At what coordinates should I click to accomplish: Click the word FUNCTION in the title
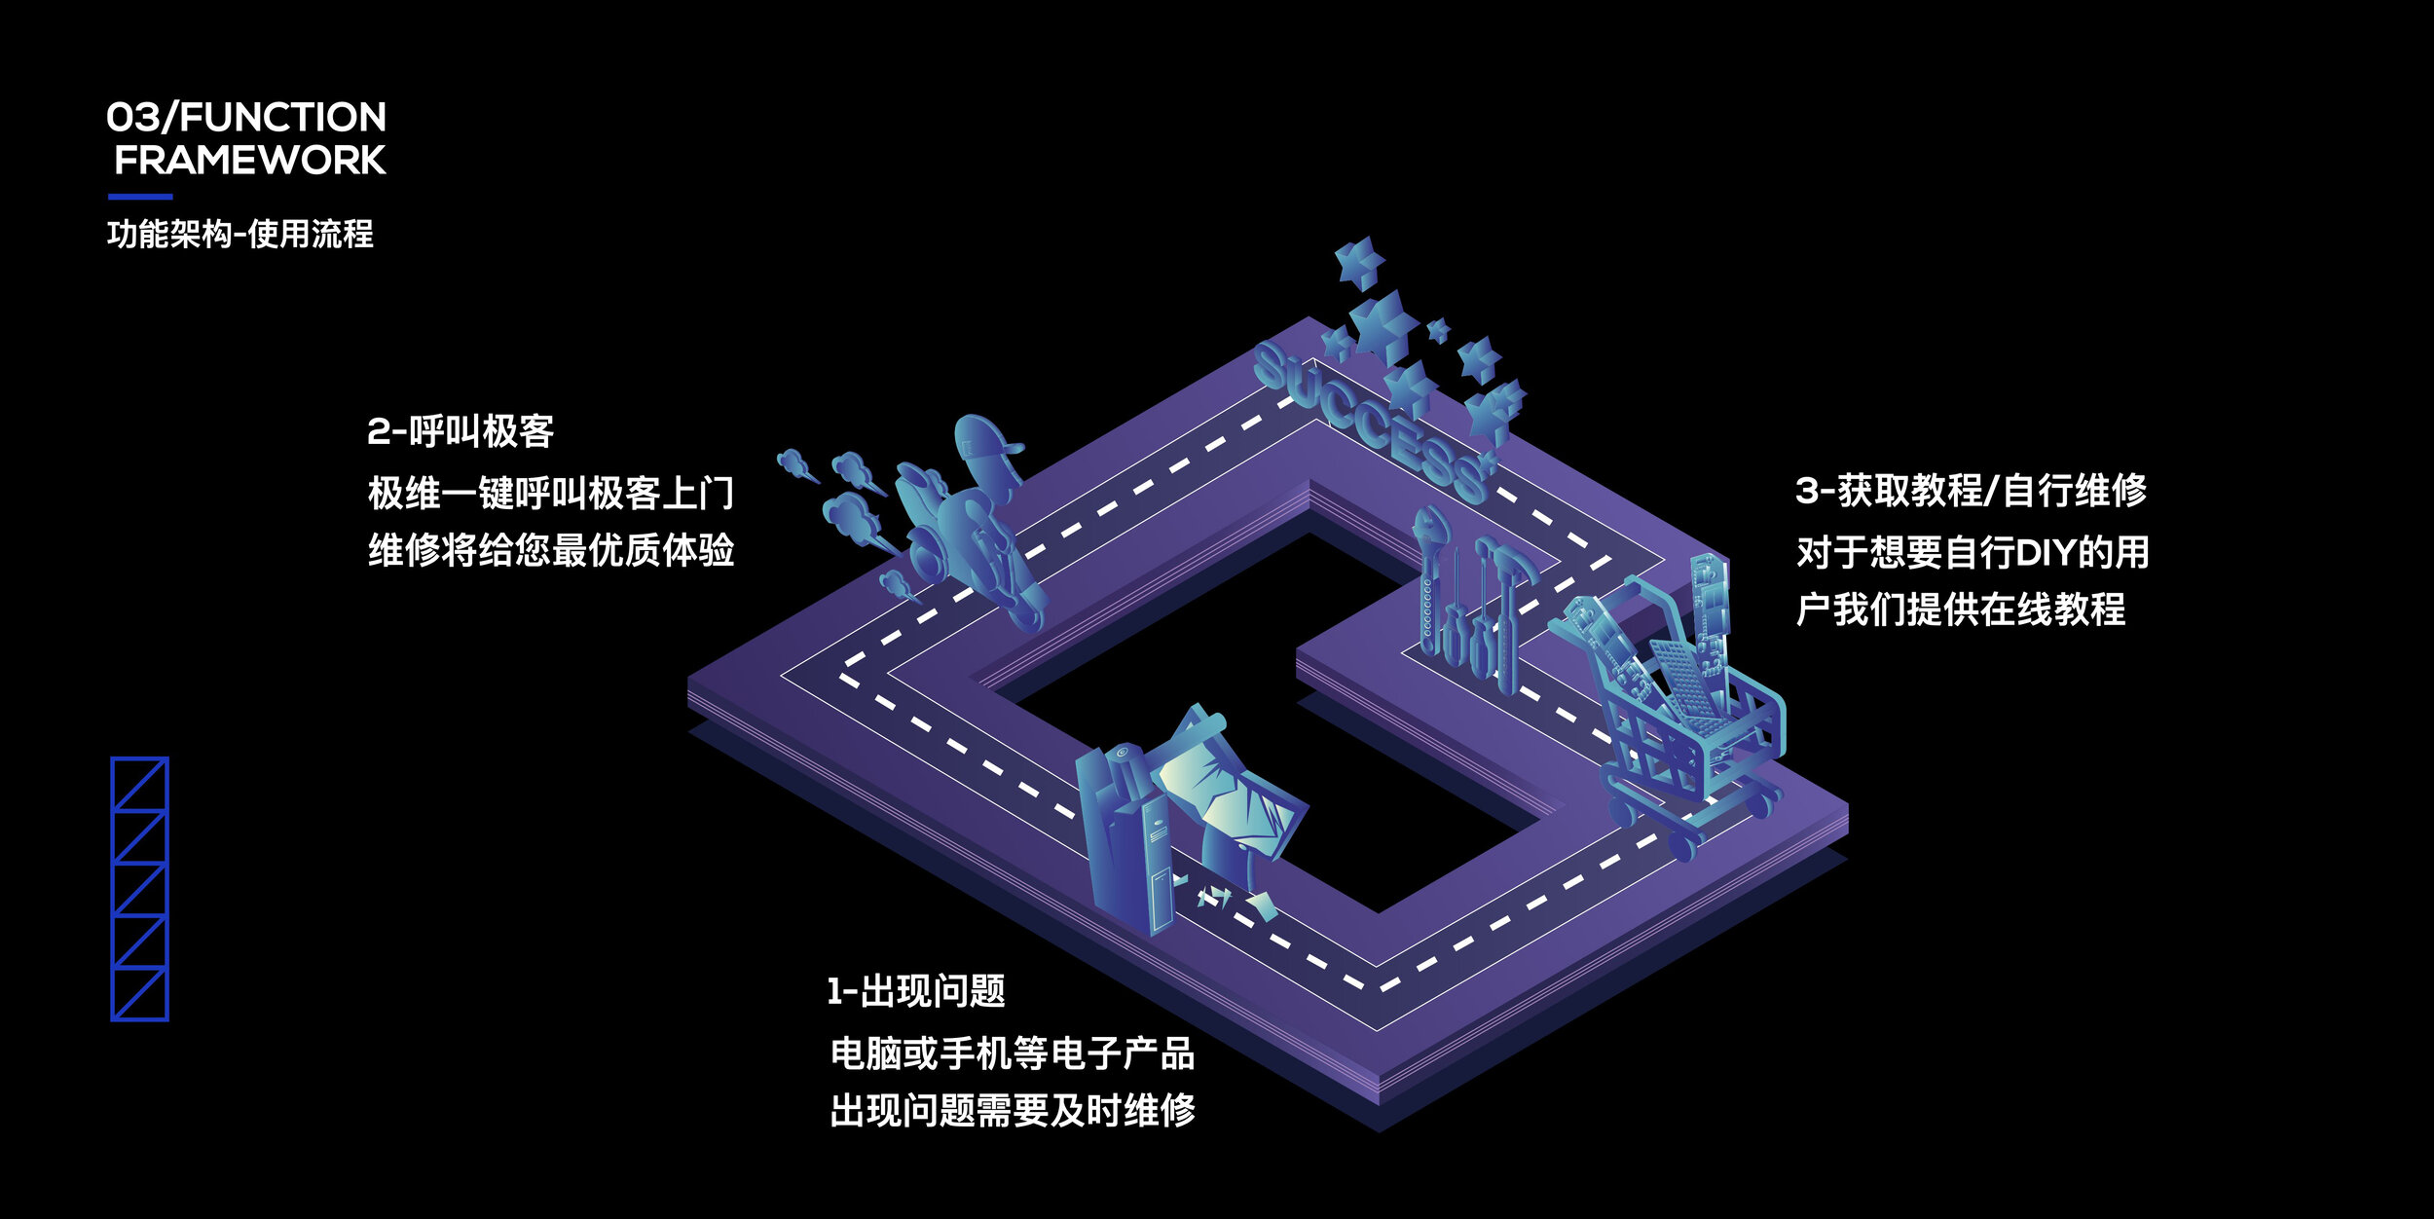coord(283,118)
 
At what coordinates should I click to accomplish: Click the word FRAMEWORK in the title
coord(250,161)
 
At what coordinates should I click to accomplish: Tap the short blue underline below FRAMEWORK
coord(140,197)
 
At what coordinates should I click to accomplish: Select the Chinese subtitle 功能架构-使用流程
coord(240,234)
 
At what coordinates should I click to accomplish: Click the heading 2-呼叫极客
coord(461,431)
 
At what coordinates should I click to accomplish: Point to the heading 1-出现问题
coord(916,991)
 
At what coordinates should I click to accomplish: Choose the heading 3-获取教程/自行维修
coord(1971,490)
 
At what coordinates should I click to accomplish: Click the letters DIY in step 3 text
coord(2045,553)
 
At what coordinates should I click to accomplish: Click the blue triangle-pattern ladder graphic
coord(140,889)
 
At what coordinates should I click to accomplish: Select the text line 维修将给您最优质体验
coord(551,551)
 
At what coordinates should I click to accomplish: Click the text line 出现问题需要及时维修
coord(1013,1110)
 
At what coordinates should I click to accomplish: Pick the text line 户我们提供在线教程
coord(1961,610)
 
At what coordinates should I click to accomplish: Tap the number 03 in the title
coord(133,118)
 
